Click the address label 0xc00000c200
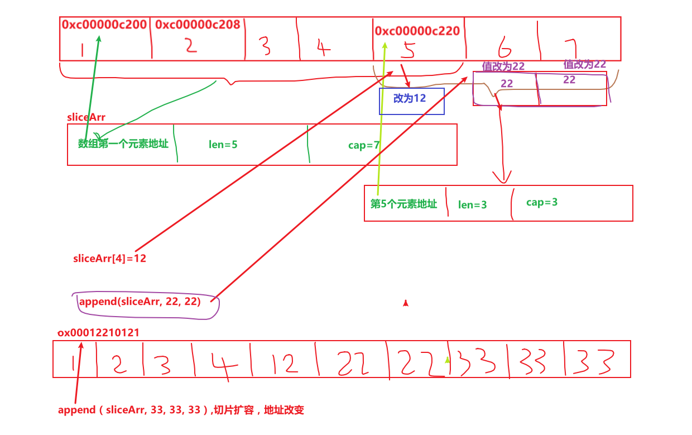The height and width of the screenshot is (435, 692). pyautogui.click(x=104, y=25)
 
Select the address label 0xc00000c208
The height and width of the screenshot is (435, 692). pyautogui.click(x=198, y=25)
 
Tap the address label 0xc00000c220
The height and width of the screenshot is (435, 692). pyautogui.click(x=418, y=31)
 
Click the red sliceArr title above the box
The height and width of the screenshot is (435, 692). pyautogui.click(x=86, y=117)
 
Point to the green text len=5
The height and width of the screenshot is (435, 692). pyautogui.click(x=223, y=145)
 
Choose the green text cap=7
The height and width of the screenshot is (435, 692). pyautogui.click(x=364, y=145)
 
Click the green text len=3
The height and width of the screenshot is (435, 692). pyautogui.click(x=473, y=205)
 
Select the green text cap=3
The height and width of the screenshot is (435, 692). pyautogui.click(x=542, y=202)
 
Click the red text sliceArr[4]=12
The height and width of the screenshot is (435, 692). pyautogui.click(x=109, y=259)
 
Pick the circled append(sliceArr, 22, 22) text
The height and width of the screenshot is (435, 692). pyautogui.click(x=140, y=302)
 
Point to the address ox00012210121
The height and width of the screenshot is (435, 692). pyautogui.click(x=99, y=332)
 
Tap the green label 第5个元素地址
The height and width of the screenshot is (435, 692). pyautogui.click(x=403, y=204)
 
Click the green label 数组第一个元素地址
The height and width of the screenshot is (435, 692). pyautogui.click(x=123, y=144)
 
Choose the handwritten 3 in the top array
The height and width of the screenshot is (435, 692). pyautogui.click(x=265, y=46)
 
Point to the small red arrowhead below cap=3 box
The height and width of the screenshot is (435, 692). pyautogui.click(x=406, y=303)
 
